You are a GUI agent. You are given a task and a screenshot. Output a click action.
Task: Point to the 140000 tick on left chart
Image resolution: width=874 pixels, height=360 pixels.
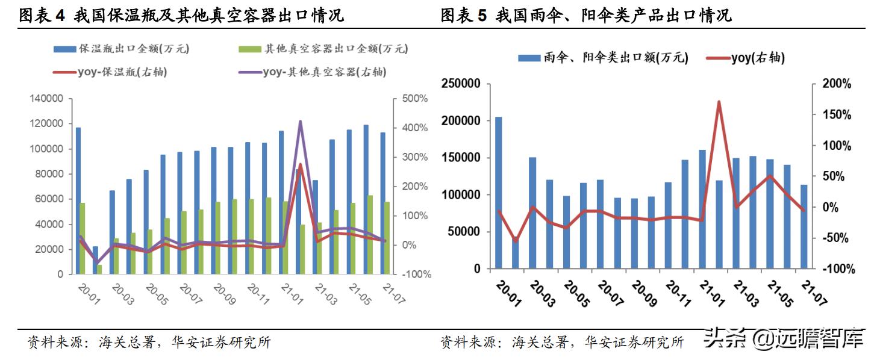pos(47,99)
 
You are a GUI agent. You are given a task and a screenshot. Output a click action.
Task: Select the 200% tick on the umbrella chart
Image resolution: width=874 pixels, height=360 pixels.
pos(838,84)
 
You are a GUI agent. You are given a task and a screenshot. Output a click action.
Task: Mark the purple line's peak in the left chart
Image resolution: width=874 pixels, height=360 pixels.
pos(300,122)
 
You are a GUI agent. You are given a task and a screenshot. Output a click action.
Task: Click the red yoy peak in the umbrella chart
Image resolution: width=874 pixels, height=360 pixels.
pos(719,102)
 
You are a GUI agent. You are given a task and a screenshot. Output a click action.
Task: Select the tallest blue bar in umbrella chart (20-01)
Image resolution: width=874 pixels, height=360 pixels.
pos(498,193)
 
